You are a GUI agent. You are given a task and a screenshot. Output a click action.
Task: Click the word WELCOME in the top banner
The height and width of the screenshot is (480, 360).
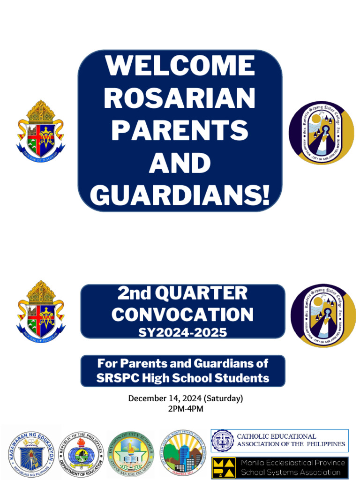click(x=180, y=66)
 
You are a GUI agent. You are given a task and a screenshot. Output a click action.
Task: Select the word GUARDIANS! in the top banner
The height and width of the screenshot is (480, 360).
click(x=180, y=195)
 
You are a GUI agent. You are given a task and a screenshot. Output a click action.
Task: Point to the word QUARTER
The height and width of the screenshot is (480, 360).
click(x=202, y=293)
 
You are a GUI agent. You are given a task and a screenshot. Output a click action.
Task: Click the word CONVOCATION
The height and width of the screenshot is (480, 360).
click(x=182, y=314)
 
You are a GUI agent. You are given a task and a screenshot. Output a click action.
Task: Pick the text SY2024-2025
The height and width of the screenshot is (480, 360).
click(x=182, y=332)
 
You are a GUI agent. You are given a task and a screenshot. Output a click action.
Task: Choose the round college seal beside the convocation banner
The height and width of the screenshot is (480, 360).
click(x=323, y=315)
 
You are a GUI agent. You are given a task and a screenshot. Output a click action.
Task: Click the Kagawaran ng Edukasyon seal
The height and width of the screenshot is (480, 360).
click(x=31, y=452)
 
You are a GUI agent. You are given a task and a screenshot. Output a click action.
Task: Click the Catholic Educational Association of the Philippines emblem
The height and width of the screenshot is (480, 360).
click(x=223, y=441)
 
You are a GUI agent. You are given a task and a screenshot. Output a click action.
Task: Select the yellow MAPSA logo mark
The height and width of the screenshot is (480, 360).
click(x=224, y=468)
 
